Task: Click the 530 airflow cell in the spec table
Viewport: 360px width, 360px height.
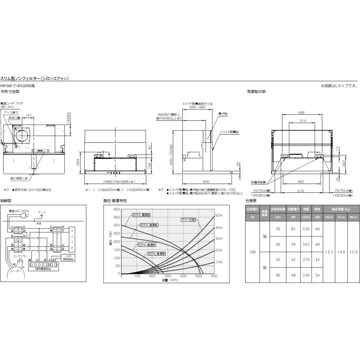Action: [306, 229]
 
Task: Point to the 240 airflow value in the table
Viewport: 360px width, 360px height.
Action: [306, 275]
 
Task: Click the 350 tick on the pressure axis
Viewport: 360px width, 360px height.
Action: [117, 218]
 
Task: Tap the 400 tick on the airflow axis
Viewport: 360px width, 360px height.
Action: [183, 276]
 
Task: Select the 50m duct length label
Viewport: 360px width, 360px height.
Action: [219, 216]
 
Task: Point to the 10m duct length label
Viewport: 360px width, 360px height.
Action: [219, 262]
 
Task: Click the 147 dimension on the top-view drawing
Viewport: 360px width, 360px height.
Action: [39, 115]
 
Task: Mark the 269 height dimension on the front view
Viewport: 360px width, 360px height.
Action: [78, 163]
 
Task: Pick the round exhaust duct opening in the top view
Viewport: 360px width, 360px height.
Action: [23, 135]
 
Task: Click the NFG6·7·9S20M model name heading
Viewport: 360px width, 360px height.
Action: [18, 86]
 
